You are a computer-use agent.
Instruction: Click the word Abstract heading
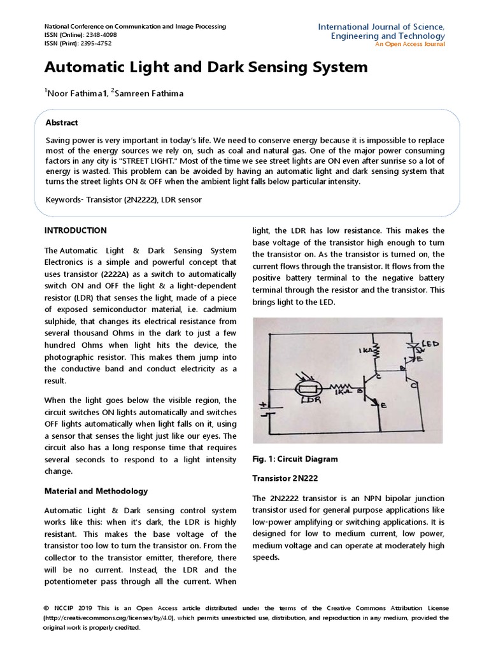point(62,123)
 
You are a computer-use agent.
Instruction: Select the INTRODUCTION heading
point(75,230)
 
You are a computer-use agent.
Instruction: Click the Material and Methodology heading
point(96,491)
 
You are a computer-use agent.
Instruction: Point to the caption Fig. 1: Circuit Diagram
point(295,458)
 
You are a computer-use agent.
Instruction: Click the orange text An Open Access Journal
point(410,44)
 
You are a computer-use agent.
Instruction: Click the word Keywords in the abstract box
point(64,200)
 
